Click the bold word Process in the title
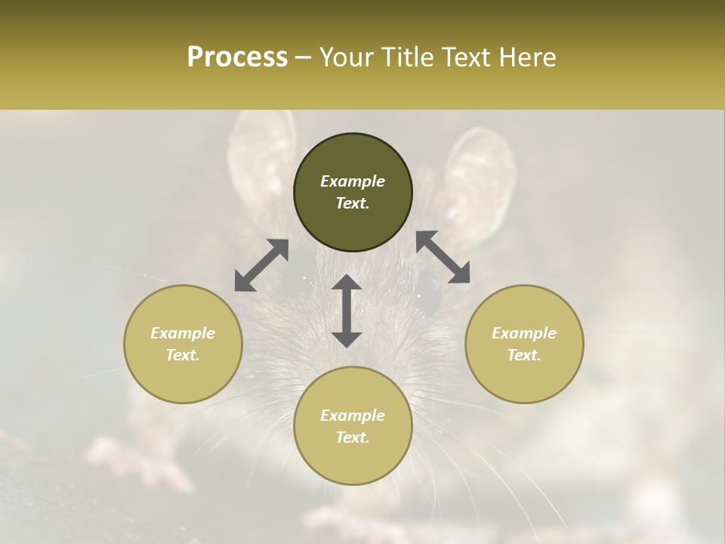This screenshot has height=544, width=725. click(237, 57)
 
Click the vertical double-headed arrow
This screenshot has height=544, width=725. click(347, 311)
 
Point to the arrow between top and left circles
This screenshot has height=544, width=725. click(261, 265)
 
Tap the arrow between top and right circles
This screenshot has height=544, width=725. click(443, 258)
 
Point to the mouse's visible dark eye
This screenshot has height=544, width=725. click(429, 291)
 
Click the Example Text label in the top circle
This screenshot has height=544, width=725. click(353, 192)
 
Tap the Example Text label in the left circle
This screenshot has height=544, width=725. click(183, 344)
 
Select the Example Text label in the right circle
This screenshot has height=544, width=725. click(524, 344)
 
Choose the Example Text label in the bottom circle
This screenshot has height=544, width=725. click(353, 426)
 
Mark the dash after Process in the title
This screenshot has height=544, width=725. click(304, 58)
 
